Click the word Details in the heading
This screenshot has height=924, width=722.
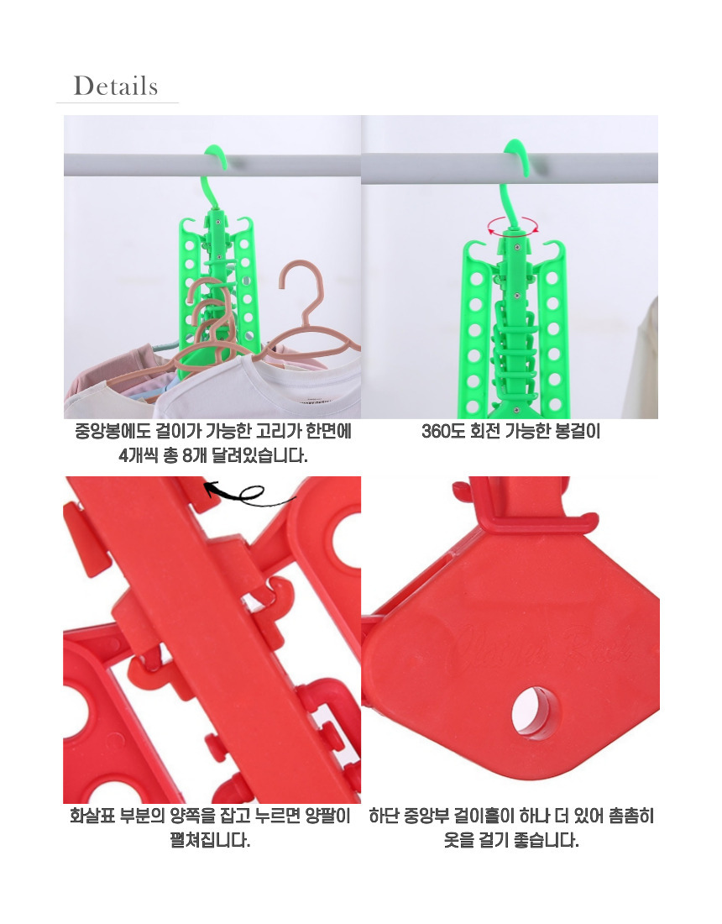click(x=115, y=86)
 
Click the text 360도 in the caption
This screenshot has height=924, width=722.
click(x=443, y=432)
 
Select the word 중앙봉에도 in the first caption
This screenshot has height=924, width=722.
click(x=112, y=432)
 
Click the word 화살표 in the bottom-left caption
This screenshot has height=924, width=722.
click(x=92, y=816)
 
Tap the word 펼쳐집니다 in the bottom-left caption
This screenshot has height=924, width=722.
click(x=210, y=840)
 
